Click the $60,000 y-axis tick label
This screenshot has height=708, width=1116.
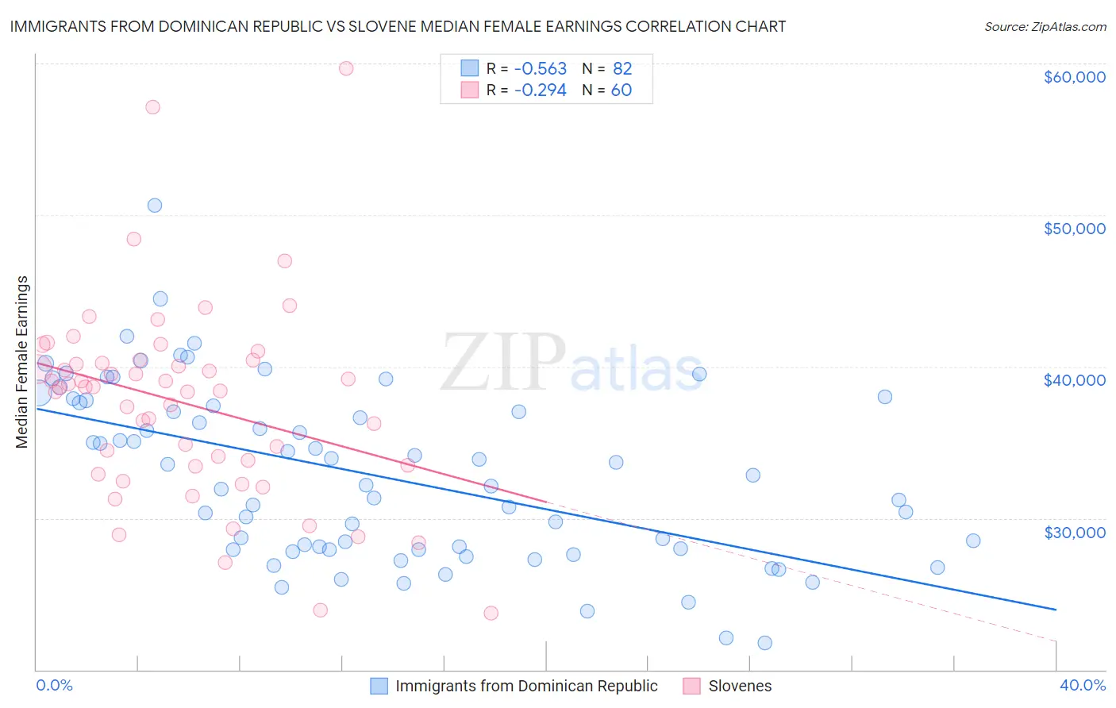tap(1074, 77)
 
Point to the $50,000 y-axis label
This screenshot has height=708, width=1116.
tap(1074, 229)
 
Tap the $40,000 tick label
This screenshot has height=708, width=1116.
tap(1074, 380)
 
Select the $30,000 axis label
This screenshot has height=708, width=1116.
tap(1074, 532)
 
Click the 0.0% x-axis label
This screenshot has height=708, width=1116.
tap(54, 685)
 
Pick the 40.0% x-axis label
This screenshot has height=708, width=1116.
tap(1082, 685)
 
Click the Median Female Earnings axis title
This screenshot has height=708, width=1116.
tap(22, 362)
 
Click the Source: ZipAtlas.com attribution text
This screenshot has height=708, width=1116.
tap(1045, 26)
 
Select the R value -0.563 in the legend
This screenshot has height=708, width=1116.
tap(540, 68)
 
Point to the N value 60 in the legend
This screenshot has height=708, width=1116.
tap(621, 90)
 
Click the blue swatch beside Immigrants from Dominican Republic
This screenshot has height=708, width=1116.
tap(379, 686)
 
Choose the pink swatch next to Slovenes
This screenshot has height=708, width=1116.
tap(691, 686)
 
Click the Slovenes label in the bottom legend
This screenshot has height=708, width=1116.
tap(740, 686)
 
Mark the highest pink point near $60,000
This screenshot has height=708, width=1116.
tap(345, 68)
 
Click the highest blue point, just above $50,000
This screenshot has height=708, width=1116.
tap(155, 206)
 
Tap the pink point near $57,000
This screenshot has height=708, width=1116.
tap(152, 107)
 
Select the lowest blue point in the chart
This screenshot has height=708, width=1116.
tap(764, 643)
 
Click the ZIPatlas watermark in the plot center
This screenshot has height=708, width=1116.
tap(571, 363)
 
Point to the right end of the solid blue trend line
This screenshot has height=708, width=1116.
tap(1056, 609)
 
